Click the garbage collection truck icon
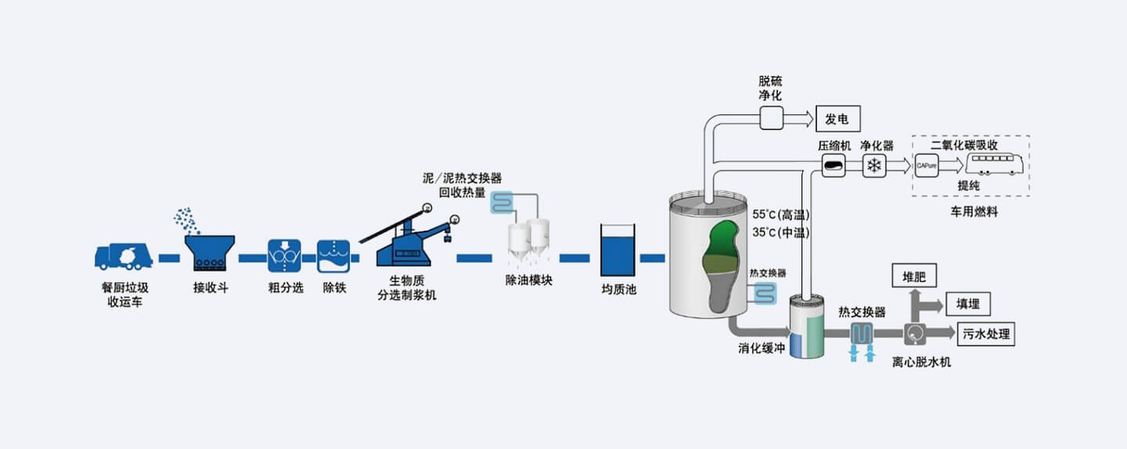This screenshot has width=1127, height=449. click(124, 257)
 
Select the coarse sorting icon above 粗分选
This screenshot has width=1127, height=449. click(285, 256)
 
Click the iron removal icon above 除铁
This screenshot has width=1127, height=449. click(333, 256)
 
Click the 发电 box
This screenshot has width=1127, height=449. click(838, 119)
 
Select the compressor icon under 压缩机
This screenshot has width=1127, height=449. click(834, 165)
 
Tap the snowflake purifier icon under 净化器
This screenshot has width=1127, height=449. click(874, 166)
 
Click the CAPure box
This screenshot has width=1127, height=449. click(927, 166)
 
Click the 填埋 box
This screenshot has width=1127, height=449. click(968, 304)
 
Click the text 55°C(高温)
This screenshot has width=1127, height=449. click(780, 214)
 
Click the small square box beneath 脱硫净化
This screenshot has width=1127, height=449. click(771, 118)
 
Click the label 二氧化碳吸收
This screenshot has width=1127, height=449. click(964, 145)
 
